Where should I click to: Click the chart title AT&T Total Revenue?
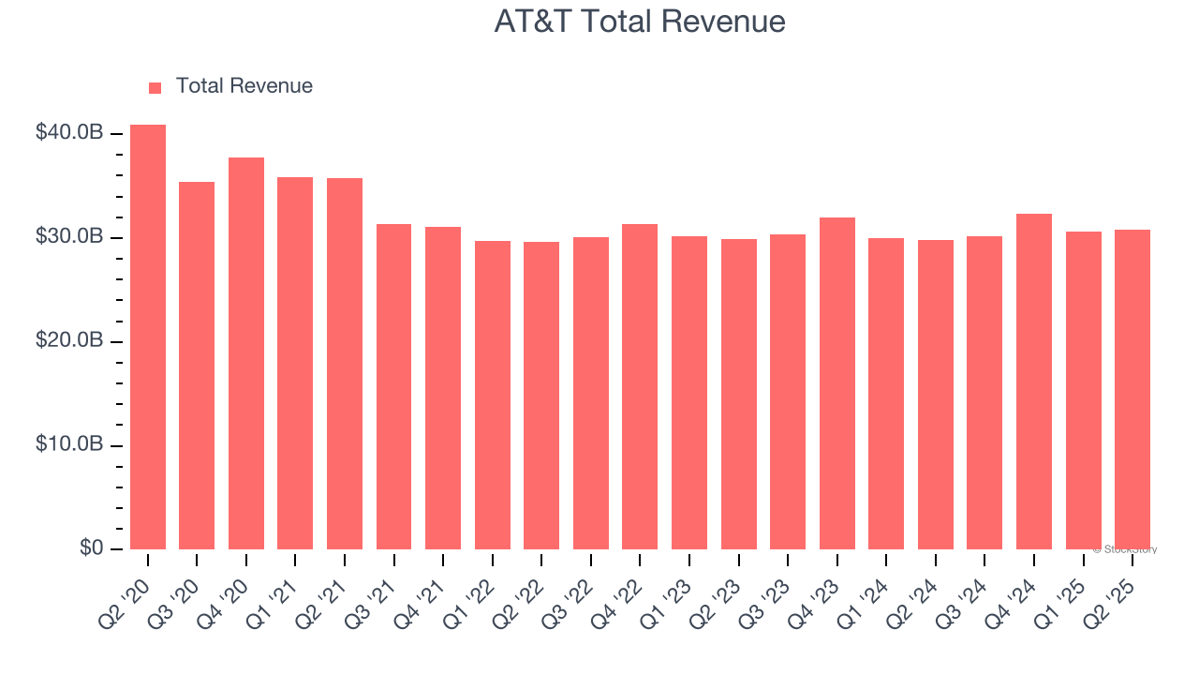coord(640,22)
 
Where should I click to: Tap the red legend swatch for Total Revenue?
coord(155,87)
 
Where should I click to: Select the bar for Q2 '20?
coord(148,337)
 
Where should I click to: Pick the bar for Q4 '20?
coord(246,353)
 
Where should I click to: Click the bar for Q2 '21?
coord(345,364)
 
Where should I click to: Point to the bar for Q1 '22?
coord(493,395)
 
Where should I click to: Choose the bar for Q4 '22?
coord(640,386)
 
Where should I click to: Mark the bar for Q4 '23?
coord(836,383)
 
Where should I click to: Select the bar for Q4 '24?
coord(1034,382)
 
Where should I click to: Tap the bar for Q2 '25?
coord(1132,389)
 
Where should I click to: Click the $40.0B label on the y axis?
coord(69,133)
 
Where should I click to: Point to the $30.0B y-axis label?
coord(69,237)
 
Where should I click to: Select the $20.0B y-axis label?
coord(69,341)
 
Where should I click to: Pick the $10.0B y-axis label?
coord(69,445)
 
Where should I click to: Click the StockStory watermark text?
coord(1125,549)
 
